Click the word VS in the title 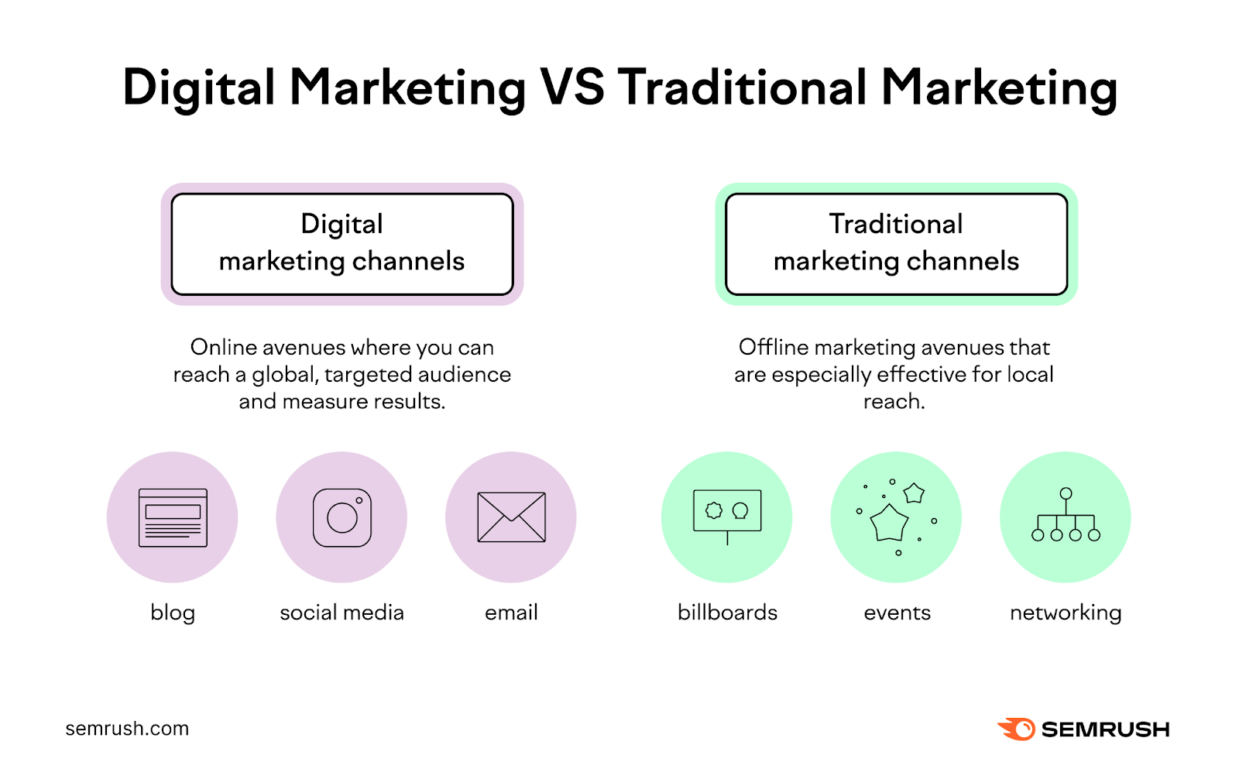click(x=572, y=87)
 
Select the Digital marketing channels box click(x=341, y=244)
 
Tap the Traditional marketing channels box click(x=896, y=244)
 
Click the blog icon click(x=173, y=517)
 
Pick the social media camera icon click(x=341, y=517)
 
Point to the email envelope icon click(x=511, y=517)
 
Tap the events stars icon click(x=896, y=517)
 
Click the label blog click(x=173, y=613)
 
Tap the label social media click(x=341, y=613)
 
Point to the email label click(x=511, y=613)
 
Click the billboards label click(x=727, y=613)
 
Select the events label click(x=897, y=613)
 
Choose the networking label click(x=1066, y=613)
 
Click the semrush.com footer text click(x=127, y=729)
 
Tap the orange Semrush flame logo click(x=1016, y=729)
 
